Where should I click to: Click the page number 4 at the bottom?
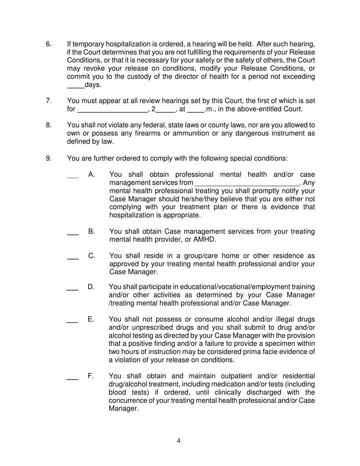click(178, 440)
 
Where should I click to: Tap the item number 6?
click(49, 44)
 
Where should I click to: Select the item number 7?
click(49, 101)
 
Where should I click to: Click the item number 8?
click(49, 125)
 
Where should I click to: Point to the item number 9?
click(49, 158)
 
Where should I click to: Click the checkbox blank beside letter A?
click(73, 177)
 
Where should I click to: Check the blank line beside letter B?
click(73, 234)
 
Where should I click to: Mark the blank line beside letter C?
click(73, 258)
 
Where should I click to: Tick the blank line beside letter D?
click(72, 289)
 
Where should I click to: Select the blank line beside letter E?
click(72, 322)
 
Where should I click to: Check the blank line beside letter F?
click(72, 378)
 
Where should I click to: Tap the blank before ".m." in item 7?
click(196, 112)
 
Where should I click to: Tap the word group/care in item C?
click(189, 256)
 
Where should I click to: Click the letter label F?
click(91, 376)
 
